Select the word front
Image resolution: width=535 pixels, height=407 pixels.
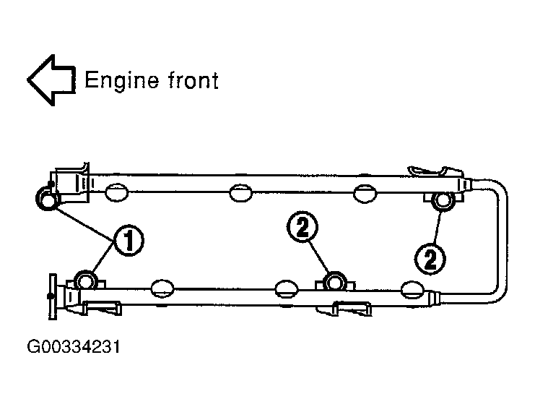(x=192, y=80)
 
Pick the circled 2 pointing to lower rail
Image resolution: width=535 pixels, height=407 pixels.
(x=303, y=228)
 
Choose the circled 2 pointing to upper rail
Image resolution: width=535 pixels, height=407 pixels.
(x=431, y=257)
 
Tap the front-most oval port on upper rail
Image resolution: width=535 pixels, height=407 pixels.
(x=116, y=193)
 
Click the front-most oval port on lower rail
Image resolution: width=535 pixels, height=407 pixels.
(x=163, y=288)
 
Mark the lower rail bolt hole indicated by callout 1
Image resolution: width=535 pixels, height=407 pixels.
(x=87, y=280)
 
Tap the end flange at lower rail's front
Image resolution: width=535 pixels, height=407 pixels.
(x=52, y=296)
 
